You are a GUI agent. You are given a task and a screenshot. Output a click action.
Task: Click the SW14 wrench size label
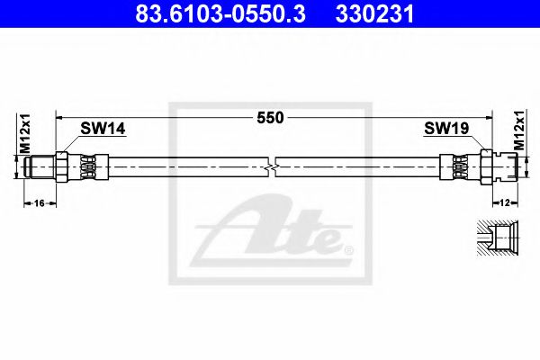click(x=102, y=130)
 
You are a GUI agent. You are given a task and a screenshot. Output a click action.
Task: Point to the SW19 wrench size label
click(x=445, y=130)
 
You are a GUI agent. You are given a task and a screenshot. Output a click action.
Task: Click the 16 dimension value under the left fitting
click(x=39, y=204)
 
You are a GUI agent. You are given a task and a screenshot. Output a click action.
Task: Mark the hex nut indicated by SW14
click(x=60, y=166)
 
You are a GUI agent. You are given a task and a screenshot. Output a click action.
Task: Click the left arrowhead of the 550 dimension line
click(x=60, y=117)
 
